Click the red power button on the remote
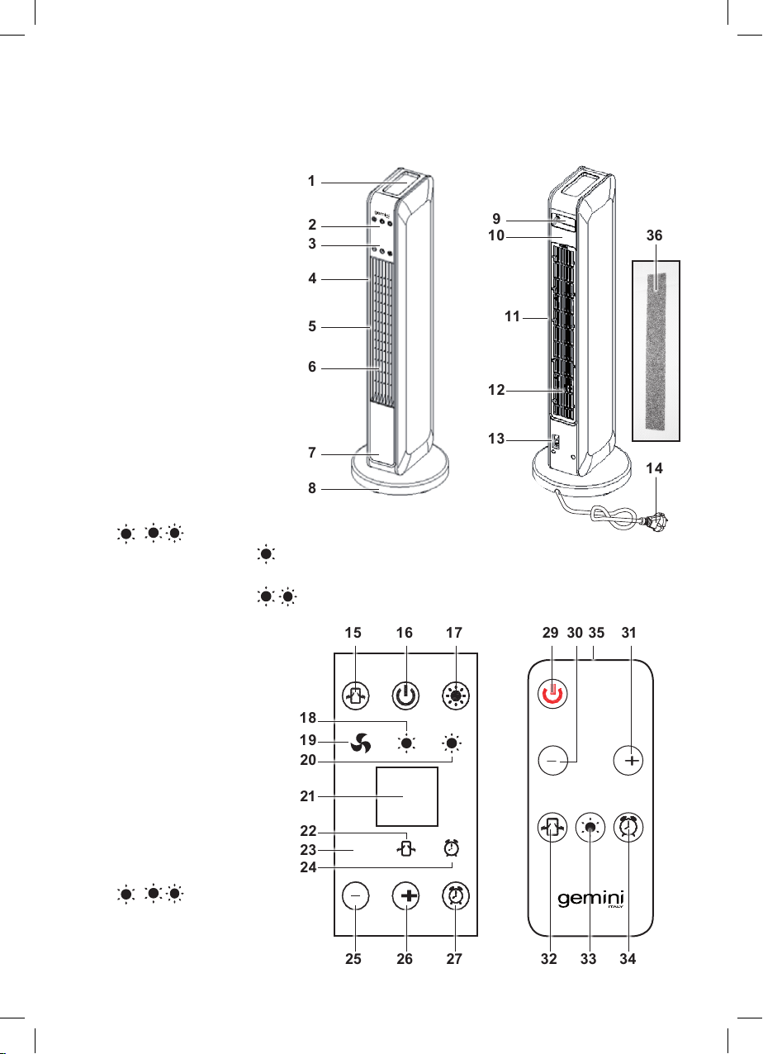coord(552,694)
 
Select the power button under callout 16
coord(405,695)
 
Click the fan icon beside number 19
coord(361,743)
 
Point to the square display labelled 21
coord(407,796)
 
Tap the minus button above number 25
coord(356,895)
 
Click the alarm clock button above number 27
coord(455,895)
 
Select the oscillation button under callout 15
coord(356,695)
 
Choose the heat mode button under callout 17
coord(456,695)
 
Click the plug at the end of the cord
coord(657,521)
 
